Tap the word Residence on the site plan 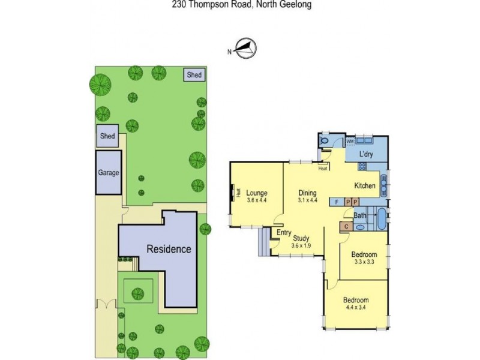click(x=170, y=248)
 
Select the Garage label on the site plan click(x=109, y=173)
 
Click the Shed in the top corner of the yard click(x=194, y=75)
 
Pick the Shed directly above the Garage click(x=107, y=136)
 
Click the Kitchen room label click(x=364, y=185)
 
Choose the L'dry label click(x=367, y=155)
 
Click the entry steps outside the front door click(x=263, y=242)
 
